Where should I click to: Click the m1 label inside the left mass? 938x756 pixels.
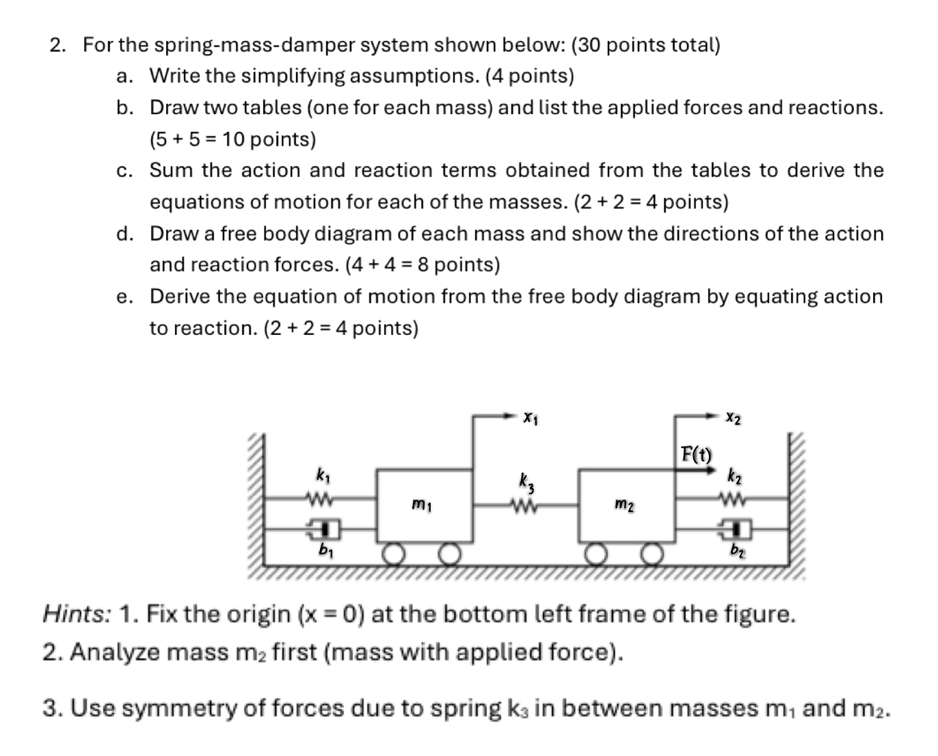point(421,505)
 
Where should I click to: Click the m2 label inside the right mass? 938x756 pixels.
point(624,505)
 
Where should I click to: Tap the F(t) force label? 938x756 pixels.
point(696,454)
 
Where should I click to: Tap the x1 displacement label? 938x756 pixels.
point(530,416)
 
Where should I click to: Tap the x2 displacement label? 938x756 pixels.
point(733,416)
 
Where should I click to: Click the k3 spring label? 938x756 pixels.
point(526,481)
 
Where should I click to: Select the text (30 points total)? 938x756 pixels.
point(645,45)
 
